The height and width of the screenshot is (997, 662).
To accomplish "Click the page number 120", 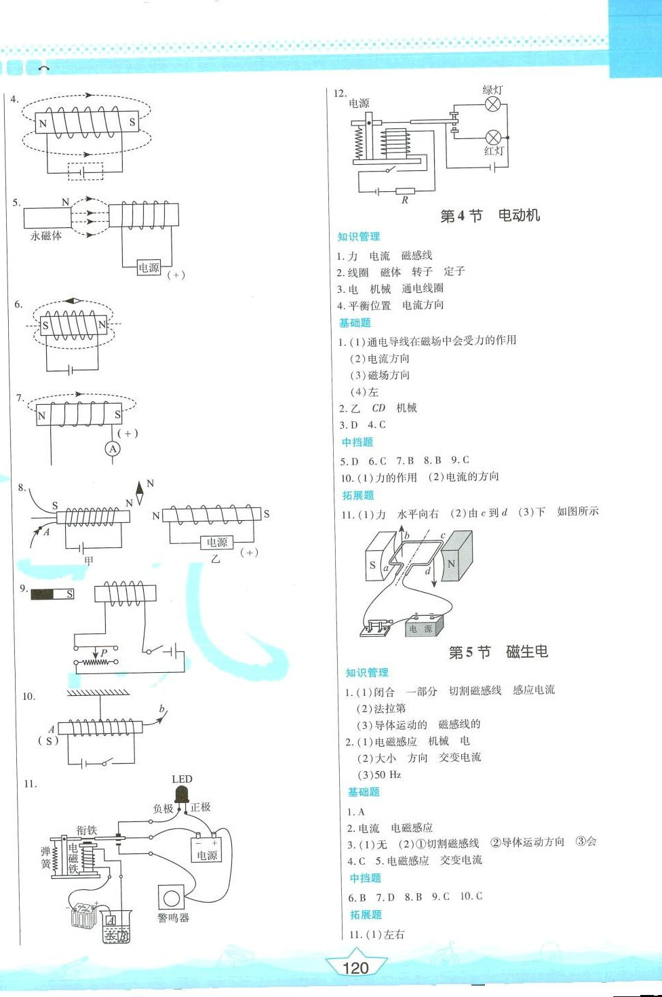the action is (x=355, y=968).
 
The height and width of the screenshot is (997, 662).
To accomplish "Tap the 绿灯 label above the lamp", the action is (x=492, y=90).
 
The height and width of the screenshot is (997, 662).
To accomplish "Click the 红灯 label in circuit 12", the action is (x=494, y=151).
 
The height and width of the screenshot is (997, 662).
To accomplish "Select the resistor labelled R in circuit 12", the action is (x=405, y=191).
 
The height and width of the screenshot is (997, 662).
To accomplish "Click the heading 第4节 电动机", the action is (x=490, y=216).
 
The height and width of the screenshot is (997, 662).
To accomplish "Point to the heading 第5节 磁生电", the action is (x=498, y=652).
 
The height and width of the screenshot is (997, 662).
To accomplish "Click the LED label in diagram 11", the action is (x=182, y=779).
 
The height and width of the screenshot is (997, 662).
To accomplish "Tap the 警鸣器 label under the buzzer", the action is (x=173, y=918).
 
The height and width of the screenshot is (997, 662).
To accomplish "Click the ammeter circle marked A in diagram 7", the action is (x=113, y=448).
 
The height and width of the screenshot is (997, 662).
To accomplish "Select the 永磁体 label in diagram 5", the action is (x=46, y=235).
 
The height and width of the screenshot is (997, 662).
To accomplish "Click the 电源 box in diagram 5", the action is (x=149, y=268).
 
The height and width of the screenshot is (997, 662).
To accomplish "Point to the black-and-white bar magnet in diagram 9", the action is (x=52, y=594).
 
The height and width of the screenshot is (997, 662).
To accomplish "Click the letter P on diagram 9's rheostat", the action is (x=104, y=653).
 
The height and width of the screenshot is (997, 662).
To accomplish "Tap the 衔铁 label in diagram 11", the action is (x=87, y=830).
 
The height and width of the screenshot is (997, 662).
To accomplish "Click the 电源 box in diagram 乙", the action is (x=217, y=542).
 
